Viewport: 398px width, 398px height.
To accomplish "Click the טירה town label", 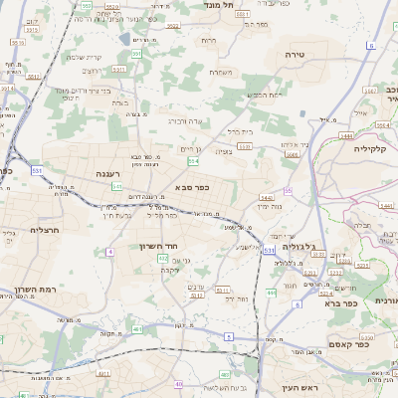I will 294,54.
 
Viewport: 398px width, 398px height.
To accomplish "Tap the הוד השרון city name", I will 158,244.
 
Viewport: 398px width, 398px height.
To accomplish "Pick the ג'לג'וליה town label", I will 298,245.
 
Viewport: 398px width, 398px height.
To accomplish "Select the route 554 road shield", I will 193,160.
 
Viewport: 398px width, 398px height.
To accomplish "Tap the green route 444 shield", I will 272,294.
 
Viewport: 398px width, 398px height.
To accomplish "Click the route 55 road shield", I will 289,189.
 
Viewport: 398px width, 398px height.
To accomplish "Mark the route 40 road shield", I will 179,383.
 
